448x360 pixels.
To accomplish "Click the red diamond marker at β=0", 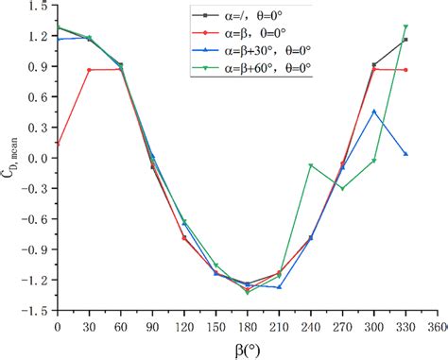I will tap(58, 145).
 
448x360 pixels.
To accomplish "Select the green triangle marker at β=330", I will tap(405, 26).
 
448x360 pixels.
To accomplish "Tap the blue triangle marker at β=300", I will tap(374, 111).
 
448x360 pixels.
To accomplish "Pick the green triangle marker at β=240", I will tap(311, 165).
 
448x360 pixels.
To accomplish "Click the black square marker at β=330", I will tap(405, 40).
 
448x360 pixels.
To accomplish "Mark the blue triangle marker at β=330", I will tap(405, 154).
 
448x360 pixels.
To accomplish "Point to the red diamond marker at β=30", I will tap(89, 70).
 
